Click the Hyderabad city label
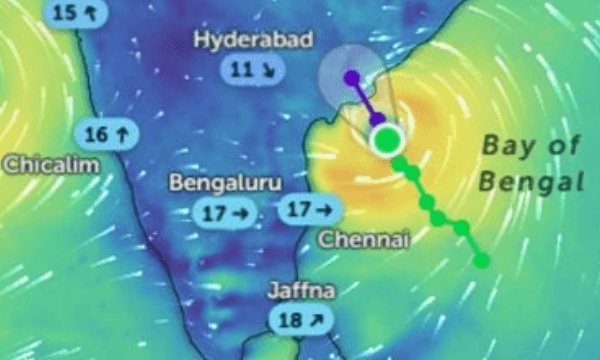(x=254, y=40)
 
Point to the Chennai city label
(x=359, y=240)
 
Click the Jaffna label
(x=301, y=292)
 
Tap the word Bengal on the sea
(x=530, y=182)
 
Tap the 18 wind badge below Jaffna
(x=301, y=320)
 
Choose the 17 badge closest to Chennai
(x=312, y=211)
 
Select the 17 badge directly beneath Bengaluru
(x=225, y=212)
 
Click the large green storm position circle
(x=385, y=139)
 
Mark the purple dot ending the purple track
(x=351, y=76)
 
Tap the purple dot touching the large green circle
(x=377, y=120)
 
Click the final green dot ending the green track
(x=482, y=260)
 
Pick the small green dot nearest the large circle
(x=399, y=161)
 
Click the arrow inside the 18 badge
(x=316, y=320)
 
